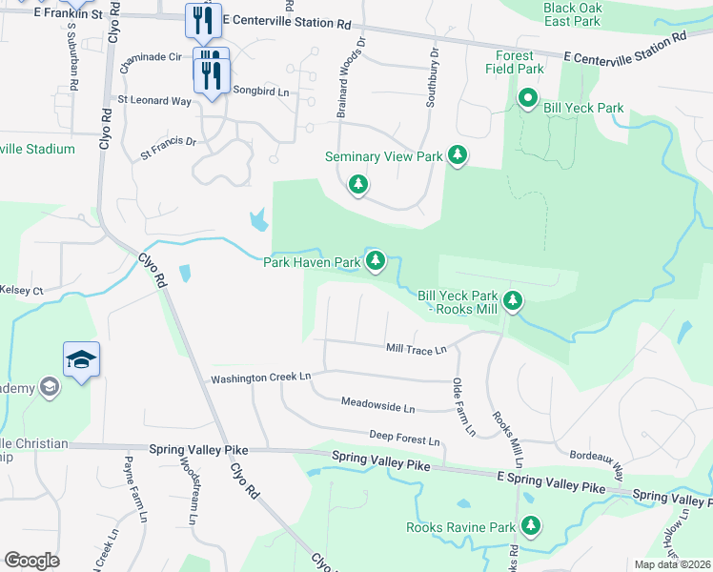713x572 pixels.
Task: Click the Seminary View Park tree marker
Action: point(458,155)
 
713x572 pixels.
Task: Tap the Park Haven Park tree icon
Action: point(376,259)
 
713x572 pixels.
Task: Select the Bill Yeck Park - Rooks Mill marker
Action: point(514,301)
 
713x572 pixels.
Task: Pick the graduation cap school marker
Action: point(82,359)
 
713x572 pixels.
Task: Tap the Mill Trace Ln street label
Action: point(416,350)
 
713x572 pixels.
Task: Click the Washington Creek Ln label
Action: point(261,378)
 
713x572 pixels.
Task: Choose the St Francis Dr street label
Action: point(168,146)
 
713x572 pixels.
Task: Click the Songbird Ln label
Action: point(260,91)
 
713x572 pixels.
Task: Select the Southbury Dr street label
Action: point(431,75)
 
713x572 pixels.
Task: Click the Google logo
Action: point(31,561)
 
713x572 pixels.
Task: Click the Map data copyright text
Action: point(671,564)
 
